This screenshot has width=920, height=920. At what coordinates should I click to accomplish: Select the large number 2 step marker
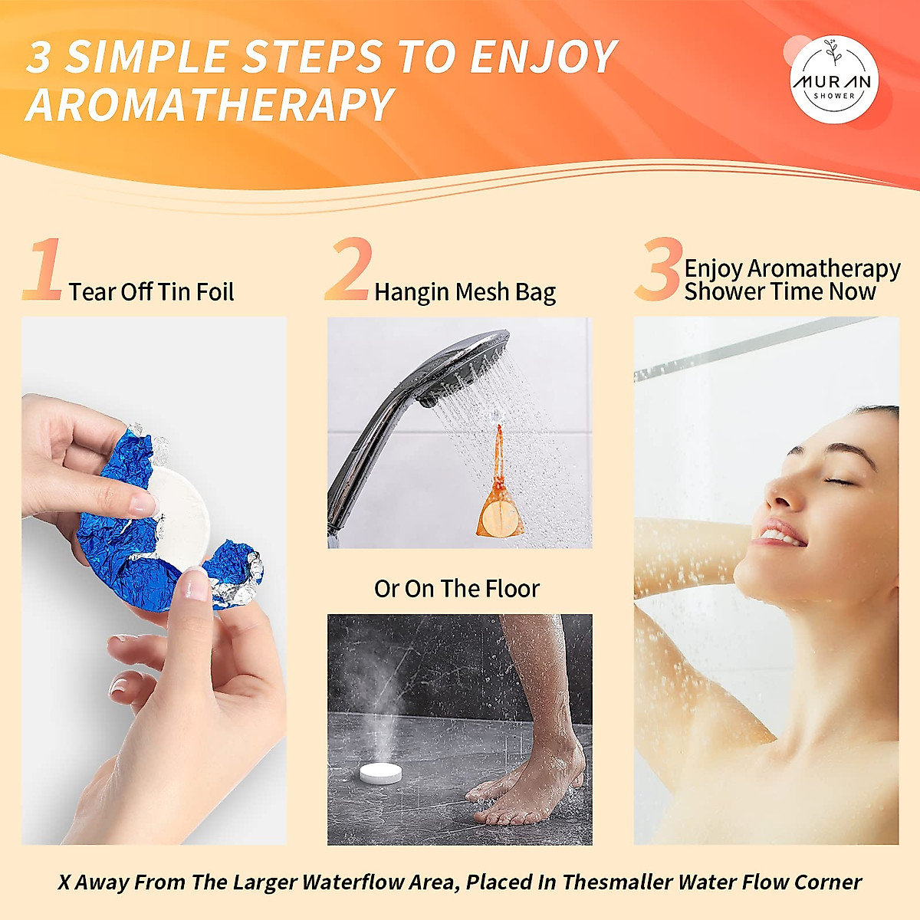tap(350, 269)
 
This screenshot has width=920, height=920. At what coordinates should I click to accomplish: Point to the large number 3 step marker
tap(659, 269)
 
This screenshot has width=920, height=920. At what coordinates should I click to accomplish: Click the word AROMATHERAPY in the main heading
tap(209, 105)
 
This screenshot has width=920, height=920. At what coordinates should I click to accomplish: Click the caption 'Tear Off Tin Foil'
tap(151, 292)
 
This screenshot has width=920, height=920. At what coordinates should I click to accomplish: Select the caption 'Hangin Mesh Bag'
tap(465, 292)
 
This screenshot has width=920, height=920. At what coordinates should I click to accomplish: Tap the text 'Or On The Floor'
tap(457, 589)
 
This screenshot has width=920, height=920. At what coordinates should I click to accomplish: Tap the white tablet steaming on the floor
tap(381, 773)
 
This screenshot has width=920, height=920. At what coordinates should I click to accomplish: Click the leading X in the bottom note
tap(64, 882)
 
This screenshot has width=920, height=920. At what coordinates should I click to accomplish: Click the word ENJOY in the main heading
tap(544, 58)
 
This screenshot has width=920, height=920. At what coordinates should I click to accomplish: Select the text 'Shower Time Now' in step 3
tap(780, 292)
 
